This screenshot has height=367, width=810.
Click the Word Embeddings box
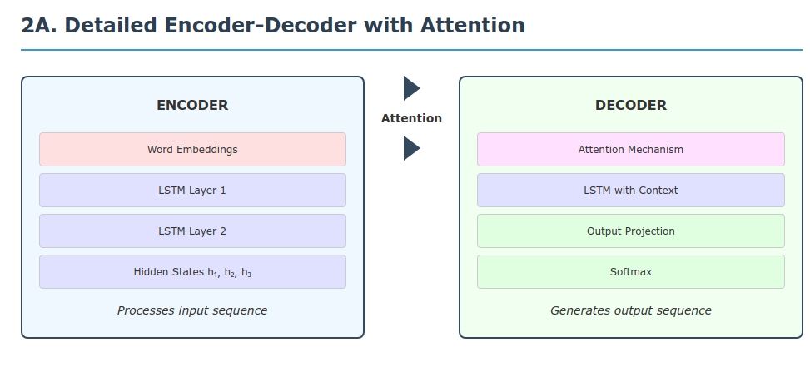(x=192, y=150)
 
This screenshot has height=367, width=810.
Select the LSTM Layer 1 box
(x=192, y=191)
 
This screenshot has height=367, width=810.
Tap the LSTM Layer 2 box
(x=192, y=231)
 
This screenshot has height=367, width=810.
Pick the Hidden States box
(x=192, y=272)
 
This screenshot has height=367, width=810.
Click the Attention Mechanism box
(x=630, y=150)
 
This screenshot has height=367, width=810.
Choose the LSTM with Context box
(x=630, y=191)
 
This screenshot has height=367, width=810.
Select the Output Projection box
(x=630, y=231)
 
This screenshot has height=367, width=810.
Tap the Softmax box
(x=630, y=272)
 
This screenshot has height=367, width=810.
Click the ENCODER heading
(x=192, y=106)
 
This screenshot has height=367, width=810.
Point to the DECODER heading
(x=630, y=106)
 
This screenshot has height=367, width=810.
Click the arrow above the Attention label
(x=411, y=88)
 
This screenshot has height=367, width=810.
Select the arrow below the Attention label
(x=411, y=148)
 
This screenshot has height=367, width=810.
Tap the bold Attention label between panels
(x=411, y=118)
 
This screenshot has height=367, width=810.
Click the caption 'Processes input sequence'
(x=192, y=310)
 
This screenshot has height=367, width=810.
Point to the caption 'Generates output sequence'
(x=630, y=310)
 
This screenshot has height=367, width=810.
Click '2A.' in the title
(x=39, y=26)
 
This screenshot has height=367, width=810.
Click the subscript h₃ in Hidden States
(x=246, y=273)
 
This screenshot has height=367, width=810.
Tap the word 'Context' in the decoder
(x=658, y=191)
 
